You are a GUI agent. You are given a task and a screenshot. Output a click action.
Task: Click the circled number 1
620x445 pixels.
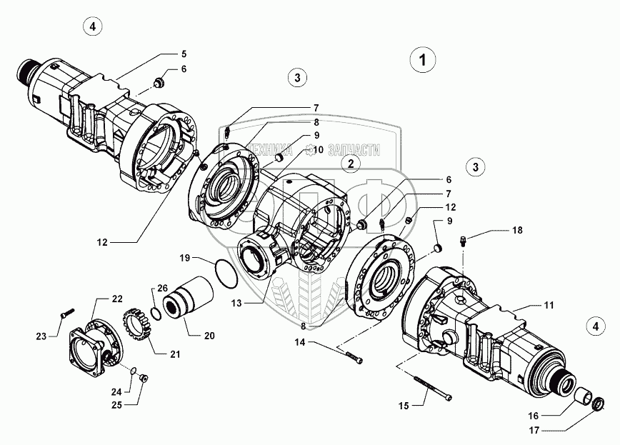tap(424, 60)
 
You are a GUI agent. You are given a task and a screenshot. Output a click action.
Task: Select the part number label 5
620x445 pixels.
tap(184, 54)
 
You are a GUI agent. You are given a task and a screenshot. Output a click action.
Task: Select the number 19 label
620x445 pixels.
tap(184, 256)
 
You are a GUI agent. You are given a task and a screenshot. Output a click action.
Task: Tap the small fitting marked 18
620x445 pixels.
tap(464, 242)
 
